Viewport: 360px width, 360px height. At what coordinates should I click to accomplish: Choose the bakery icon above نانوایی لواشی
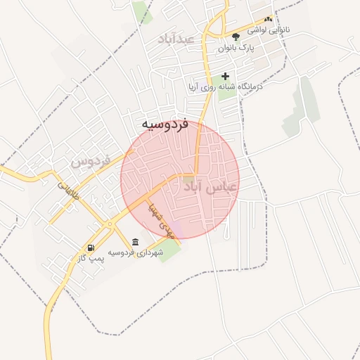pyautogui.click(x=267, y=20)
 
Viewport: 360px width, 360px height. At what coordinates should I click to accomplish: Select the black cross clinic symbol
pyautogui.click(x=225, y=76)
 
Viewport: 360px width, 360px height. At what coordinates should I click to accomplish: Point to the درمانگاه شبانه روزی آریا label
pyautogui.click(x=225, y=87)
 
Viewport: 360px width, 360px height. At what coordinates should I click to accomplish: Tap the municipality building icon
pyautogui.click(x=135, y=242)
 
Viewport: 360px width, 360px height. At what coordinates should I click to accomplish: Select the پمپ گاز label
pyautogui.click(x=91, y=259)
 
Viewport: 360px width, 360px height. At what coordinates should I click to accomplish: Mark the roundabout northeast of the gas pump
pyautogui.click(x=110, y=224)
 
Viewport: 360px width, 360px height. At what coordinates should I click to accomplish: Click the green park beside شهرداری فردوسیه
pyautogui.click(x=169, y=251)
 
